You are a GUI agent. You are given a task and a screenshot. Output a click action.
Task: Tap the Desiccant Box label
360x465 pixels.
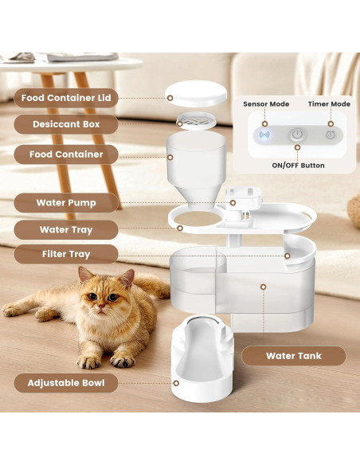[66, 125]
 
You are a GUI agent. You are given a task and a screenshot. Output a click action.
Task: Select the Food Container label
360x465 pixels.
[66, 154]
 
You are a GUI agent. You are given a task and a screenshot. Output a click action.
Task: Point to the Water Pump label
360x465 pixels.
[66, 202]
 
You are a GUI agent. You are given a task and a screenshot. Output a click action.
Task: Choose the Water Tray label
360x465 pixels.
[66, 229]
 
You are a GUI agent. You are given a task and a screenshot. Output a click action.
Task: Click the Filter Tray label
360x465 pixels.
[66, 254]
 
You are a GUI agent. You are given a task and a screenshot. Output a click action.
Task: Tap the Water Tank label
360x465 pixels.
[293, 356]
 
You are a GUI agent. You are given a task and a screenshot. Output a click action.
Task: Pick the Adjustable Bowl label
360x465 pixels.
[66, 383]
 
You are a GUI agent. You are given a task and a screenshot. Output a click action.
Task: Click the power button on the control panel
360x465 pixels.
[296, 135]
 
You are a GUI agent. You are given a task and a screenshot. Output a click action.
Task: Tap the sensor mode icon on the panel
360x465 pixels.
[264, 135]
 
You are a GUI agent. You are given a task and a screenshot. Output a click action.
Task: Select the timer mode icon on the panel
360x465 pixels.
[329, 135]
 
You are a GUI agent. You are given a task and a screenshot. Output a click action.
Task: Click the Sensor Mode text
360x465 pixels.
[265, 104]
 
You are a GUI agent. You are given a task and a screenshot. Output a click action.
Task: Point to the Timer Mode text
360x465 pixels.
[329, 104]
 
